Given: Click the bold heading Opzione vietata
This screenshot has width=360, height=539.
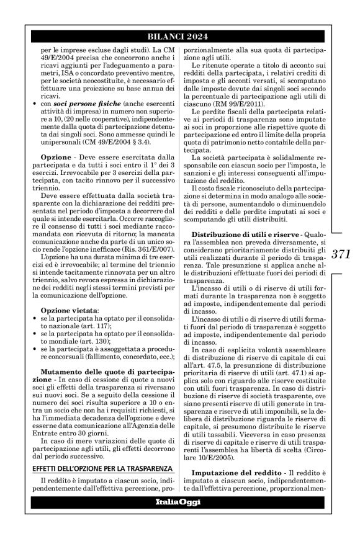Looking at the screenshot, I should tap(70, 310).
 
